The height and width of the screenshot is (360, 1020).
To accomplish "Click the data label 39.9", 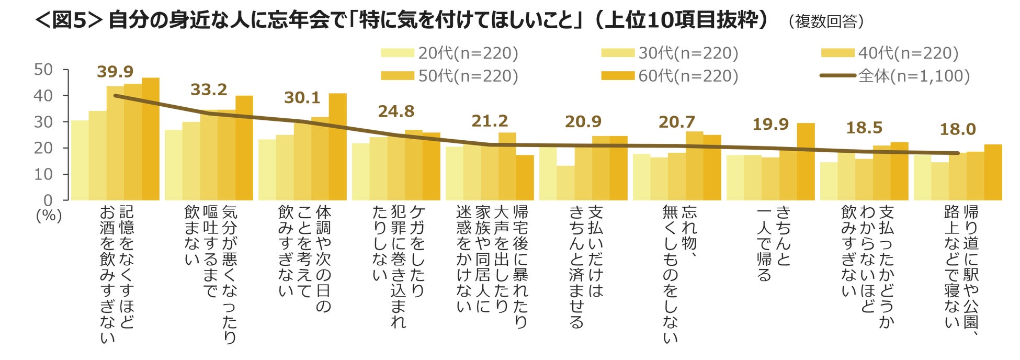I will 115,72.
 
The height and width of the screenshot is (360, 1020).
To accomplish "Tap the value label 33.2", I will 209,90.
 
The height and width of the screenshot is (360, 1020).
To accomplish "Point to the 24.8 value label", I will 396,111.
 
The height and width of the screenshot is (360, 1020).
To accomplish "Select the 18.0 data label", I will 958,129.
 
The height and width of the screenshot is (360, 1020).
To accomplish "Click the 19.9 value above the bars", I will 770,125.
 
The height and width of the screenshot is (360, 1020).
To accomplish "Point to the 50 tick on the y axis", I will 43,70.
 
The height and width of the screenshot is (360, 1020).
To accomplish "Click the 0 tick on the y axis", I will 48,200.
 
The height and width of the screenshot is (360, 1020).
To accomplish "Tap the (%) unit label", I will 49,215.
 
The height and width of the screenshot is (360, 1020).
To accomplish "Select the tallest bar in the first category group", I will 151,139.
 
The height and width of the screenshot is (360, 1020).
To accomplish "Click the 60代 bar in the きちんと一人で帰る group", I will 806,162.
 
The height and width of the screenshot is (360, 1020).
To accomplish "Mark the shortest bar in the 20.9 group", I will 565,183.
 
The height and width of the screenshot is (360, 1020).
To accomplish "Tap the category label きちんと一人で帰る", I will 774,243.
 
